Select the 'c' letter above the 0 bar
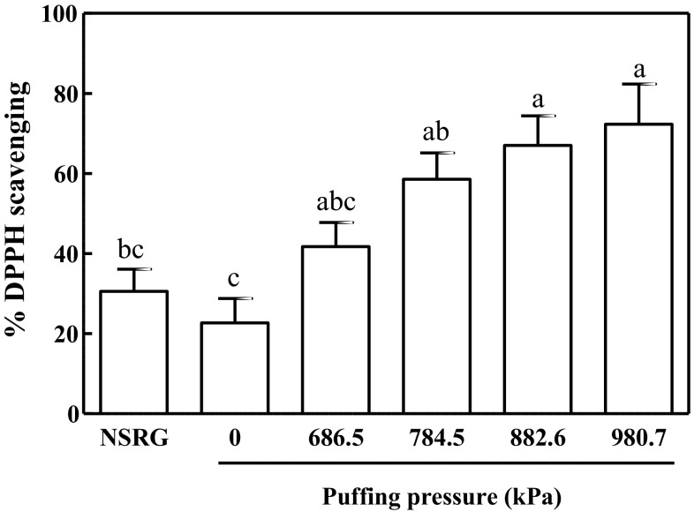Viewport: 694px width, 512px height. pyautogui.click(x=235, y=281)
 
